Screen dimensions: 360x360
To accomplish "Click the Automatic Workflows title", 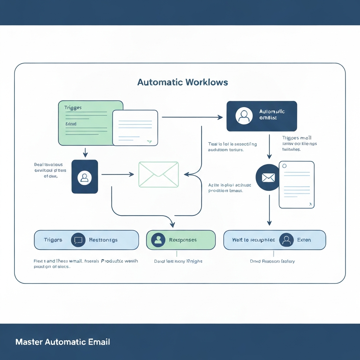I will click(182, 82).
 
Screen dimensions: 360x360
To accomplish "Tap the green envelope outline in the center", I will click(159, 174).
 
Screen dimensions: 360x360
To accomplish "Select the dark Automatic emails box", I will click(262, 116).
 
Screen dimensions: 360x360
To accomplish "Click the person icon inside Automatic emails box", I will click(244, 116).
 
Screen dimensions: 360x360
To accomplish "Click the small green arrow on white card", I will click(149, 141).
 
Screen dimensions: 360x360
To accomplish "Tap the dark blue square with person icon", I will click(85, 176).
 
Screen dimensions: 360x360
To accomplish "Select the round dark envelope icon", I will click(268, 178).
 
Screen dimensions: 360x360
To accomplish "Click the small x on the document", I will click(310, 204).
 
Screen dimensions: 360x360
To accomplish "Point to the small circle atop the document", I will click(284, 166).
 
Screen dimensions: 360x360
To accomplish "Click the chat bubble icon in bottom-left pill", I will click(78, 240).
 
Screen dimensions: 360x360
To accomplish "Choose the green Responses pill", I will click(181, 240).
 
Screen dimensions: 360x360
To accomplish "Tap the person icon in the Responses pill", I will click(158, 240).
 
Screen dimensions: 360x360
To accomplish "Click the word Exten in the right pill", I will click(304, 240).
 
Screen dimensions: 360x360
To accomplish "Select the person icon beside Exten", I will click(286, 240).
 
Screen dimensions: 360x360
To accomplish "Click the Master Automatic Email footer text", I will click(63, 342).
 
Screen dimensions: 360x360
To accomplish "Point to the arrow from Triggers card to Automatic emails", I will click(192, 117).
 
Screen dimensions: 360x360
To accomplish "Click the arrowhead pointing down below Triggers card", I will click(85, 154).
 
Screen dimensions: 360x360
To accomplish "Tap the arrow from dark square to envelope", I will click(118, 174).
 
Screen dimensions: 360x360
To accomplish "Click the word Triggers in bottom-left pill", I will click(53, 240).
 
